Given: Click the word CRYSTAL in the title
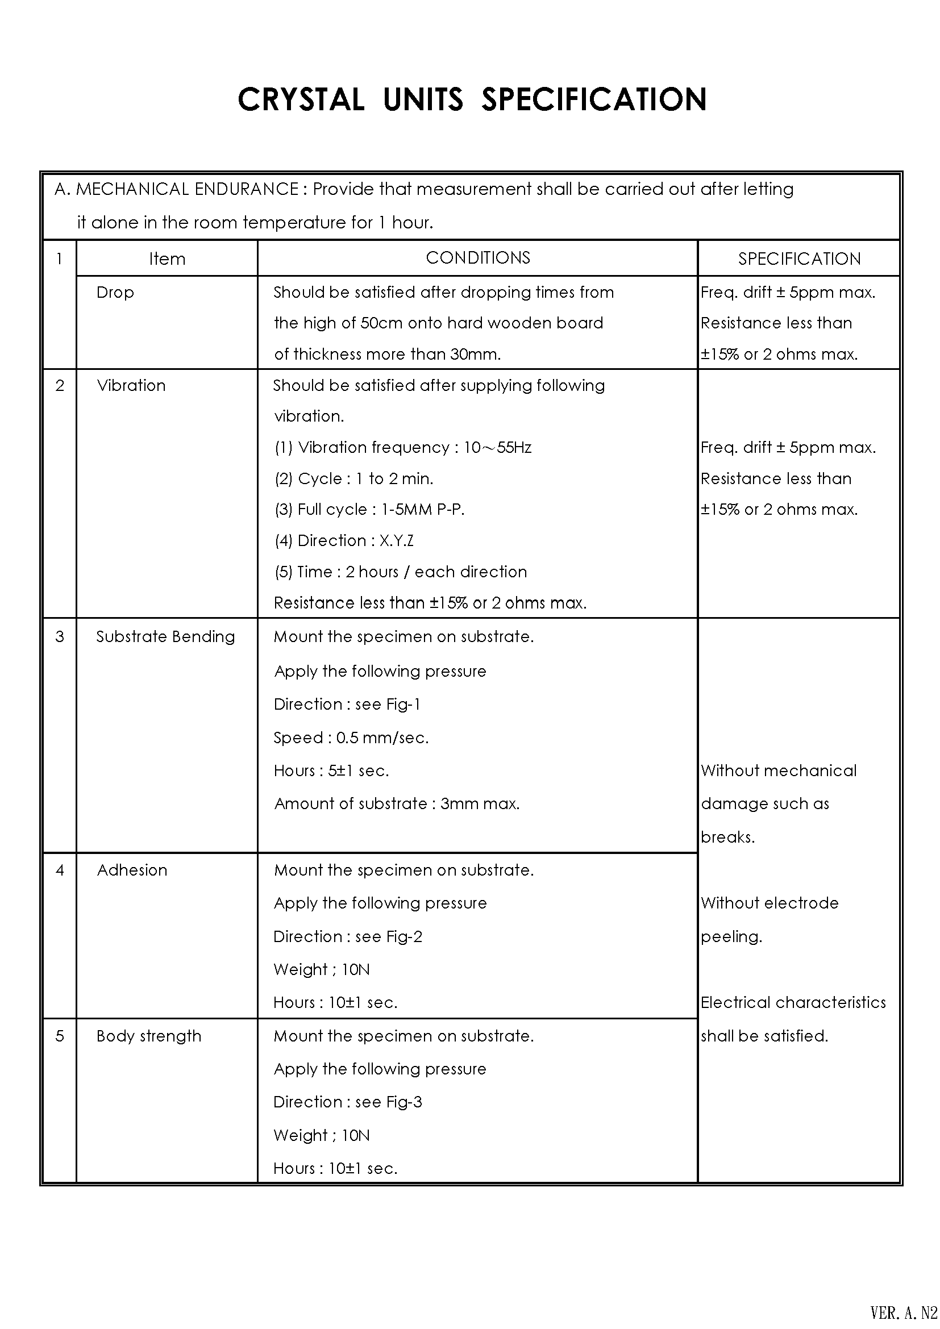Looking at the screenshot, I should click(301, 99).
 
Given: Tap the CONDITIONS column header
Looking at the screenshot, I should click(477, 257).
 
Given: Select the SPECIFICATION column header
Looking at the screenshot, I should click(798, 259).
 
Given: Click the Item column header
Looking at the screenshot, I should click(167, 259).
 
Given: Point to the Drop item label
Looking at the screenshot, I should click(115, 292).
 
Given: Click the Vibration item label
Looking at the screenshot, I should click(131, 385).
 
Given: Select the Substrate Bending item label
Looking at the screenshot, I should click(165, 637).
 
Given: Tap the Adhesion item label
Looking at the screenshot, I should click(132, 870).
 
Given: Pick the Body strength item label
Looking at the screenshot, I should click(149, 1036).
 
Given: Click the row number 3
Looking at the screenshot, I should click(60, 637).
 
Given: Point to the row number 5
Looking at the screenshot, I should click(60, 1036).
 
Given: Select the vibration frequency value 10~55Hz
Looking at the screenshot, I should click(498, 447).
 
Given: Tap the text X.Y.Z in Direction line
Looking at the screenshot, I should click(397, 540).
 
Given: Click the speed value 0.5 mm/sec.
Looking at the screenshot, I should click(382, 738).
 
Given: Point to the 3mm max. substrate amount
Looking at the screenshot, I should click(480, 803).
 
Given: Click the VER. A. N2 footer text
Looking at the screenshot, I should click(904, 1311).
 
